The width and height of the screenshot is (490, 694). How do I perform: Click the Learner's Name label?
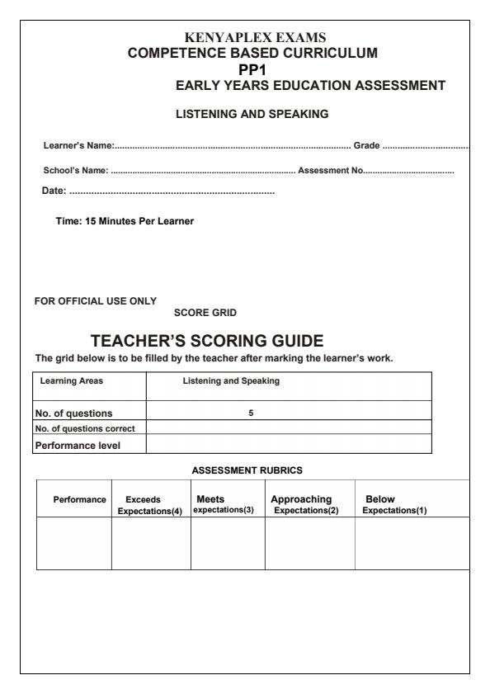[x=78, y=146]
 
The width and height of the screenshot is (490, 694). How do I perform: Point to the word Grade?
[x=366, y=146]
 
